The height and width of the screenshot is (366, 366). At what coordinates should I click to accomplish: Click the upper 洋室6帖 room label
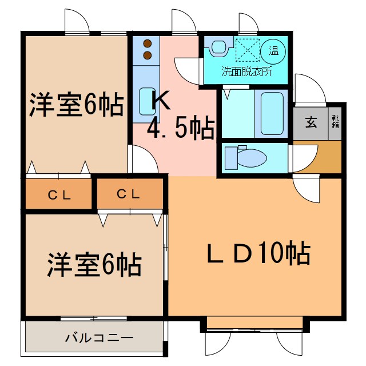coord(77,105)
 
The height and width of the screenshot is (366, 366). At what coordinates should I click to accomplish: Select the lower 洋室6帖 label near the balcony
coord(94,265)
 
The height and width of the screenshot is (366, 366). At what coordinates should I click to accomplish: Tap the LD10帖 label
coord(258,252)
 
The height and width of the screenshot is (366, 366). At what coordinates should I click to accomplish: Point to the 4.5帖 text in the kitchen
coord(180,129)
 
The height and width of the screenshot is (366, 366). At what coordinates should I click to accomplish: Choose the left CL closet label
coord(59,195)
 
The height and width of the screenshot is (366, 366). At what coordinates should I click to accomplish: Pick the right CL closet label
coord(129,194)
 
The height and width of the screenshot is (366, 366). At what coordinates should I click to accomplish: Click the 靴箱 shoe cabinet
coord(335,122)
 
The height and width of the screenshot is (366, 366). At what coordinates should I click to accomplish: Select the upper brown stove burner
coord(147,43)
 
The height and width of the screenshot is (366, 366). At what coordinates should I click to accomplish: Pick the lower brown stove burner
coord(147,55)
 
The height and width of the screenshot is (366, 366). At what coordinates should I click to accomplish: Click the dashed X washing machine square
coord(246,50)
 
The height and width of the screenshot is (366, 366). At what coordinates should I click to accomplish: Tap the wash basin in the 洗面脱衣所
coord(217,49)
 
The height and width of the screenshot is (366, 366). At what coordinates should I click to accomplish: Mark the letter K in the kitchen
coord(160,101)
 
